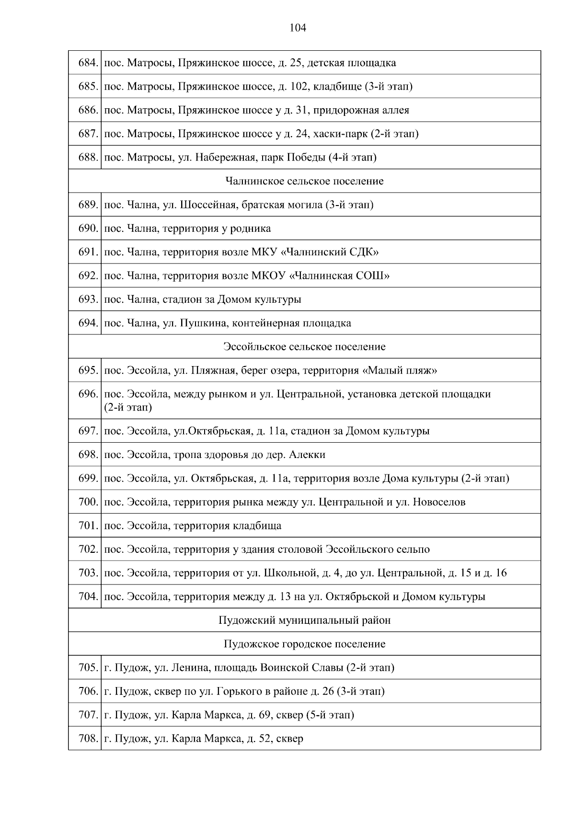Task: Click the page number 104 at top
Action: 298,28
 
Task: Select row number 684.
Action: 88,63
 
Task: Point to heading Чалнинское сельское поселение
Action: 304,181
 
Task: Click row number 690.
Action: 88,229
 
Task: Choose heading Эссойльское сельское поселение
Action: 304,346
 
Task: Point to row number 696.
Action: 88,394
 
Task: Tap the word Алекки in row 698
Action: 307,455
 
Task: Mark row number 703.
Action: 88,573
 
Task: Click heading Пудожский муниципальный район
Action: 304,620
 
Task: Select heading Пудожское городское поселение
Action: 304,644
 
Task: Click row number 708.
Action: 88,739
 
